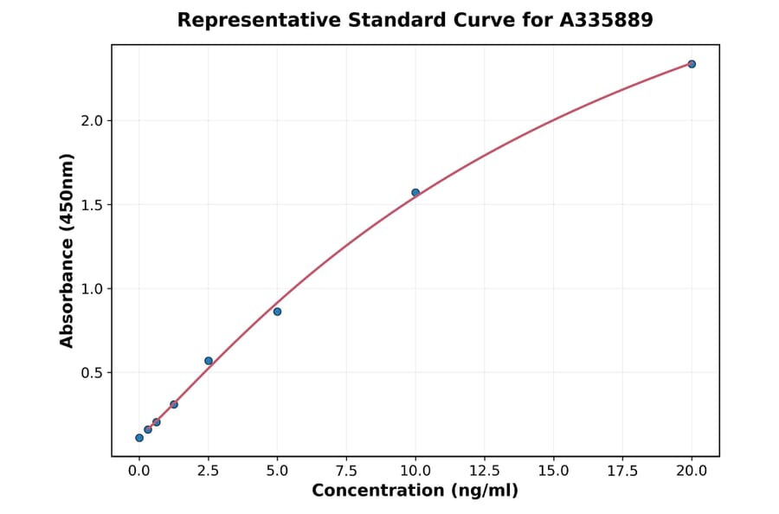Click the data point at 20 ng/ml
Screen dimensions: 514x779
(x=692, y=64)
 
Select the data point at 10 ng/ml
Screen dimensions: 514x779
(x=415, y=192)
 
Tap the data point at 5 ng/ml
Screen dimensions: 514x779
(x=277, y=312)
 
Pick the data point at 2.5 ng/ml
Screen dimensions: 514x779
(x=209, y=361)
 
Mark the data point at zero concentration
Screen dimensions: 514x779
(x=139, y=438)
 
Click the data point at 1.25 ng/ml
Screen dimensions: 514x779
(x=174, y=404)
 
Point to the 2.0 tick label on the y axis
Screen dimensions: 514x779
(x=91, y=120)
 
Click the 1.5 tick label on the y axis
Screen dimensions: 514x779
(x=91, y=205)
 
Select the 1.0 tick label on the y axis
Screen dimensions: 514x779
(x=91, y=289)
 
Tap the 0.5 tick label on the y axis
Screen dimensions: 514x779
(x=91, y=373)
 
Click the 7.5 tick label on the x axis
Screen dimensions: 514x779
(x=346, y=471)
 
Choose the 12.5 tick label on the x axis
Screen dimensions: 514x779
(x=485, y=471)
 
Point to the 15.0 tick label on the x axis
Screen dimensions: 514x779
(x=553, y=471)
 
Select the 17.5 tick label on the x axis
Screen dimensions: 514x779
(x=622, y=471)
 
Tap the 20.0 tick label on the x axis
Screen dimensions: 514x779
(x=692, y=471)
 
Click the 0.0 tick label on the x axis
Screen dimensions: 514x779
(x=139, y=471)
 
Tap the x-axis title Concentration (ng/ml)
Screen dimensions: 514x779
(x=415, y=492)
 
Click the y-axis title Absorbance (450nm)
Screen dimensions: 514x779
(x=68, y=250)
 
